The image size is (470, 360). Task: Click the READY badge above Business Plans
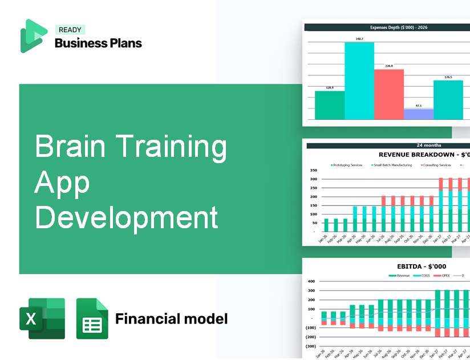[x=70, y=30]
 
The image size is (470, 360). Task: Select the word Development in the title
[x=127, y=218]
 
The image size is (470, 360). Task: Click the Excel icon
[x=42, y=318]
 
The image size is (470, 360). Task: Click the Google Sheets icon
[x=92, y=318]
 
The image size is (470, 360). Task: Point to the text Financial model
[x=171, y=318]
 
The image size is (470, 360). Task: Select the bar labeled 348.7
[x=359, y=80]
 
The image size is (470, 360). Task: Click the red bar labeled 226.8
[x=388, y=94]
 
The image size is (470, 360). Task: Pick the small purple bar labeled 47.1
[x=418, y=114]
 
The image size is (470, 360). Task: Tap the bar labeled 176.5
[x=448, y=100]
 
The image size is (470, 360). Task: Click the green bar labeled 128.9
[x=330, y=105]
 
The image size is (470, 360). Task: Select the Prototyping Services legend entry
[x=347, y=165]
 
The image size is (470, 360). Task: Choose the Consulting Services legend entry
[x=436, y=165]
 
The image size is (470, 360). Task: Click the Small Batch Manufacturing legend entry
[x=393, y=165]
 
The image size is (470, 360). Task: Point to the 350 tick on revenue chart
[x=313, y=170]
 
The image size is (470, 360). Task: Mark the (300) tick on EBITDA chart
[x=311, y=346]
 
